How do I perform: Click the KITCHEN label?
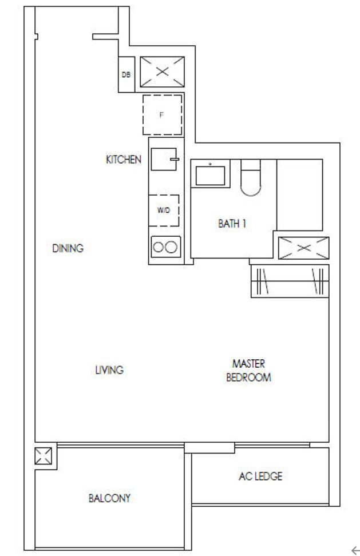pyautogui.click(x=124, y=160)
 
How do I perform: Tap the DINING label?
pyautogui.click(x=68, y=248)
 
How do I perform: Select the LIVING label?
pyautogui.click(x=109, y=370)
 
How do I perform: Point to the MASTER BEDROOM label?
pyautogui.click(x=248, y=371)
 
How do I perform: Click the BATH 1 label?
pyautogui.click(x=232, y=224)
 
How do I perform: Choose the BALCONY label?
pyautogui.click(x=109, y=498)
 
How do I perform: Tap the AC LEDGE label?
pyautogui.click(x=260, y=476)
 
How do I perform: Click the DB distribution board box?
pyautogui.click(x=126, y=74)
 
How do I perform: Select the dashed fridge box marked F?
pyautogui.click(x=163, y=115)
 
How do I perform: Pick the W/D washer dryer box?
pyautogui.click(x=164, y=211)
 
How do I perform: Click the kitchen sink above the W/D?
pyautogui.click(x=164, y=159)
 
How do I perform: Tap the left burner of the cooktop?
pyautogui.click(x=158, y=247)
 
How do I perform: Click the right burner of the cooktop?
pyautogui.click(x=171, y=247)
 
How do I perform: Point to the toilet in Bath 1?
pyautogui.click(x=251, y=178)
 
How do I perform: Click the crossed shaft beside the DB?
pyautogui.click(x=162, y=72)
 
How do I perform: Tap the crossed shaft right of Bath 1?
pyautogui.click(x=303, y=248)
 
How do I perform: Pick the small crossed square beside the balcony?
pyautogui.click(x=43, y=456)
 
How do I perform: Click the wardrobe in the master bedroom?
pyautogui.click(x=290, y=281)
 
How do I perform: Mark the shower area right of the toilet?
pyautogui.click(x=300, y=195)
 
